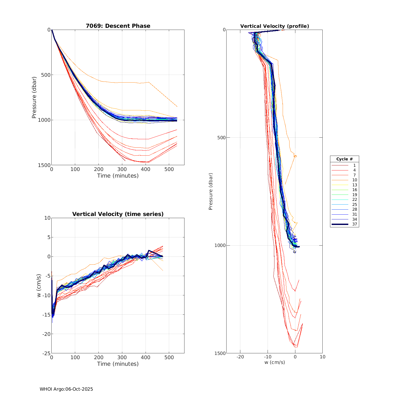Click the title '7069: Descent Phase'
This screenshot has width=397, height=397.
click(x=118, y=26)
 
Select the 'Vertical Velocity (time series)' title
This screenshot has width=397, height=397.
click(x=118, y=214)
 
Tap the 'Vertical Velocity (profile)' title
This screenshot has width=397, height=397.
click(x=274, y=26)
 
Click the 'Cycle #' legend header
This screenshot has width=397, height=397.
click(x=344, y=159)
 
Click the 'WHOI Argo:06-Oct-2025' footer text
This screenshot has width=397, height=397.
click(x=66, y=389)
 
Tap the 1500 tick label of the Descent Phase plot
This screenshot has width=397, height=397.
click(x=44, y=165)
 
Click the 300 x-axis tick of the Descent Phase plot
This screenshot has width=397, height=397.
click(x=122, y=169)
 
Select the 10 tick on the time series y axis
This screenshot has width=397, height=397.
click(x=47, y=218)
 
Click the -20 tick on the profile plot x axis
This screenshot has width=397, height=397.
click(x=240, y=357)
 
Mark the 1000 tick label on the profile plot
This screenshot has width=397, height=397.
click(x=220, y=245)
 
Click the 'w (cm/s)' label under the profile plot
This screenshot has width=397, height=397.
click(x=274, y=362)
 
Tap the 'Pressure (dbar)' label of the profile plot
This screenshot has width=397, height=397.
click(x=211, y=191)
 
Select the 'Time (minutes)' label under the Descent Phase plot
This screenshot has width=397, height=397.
click(x=118, y=176)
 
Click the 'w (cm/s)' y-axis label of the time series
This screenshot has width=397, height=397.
click(x=39, y=286)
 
